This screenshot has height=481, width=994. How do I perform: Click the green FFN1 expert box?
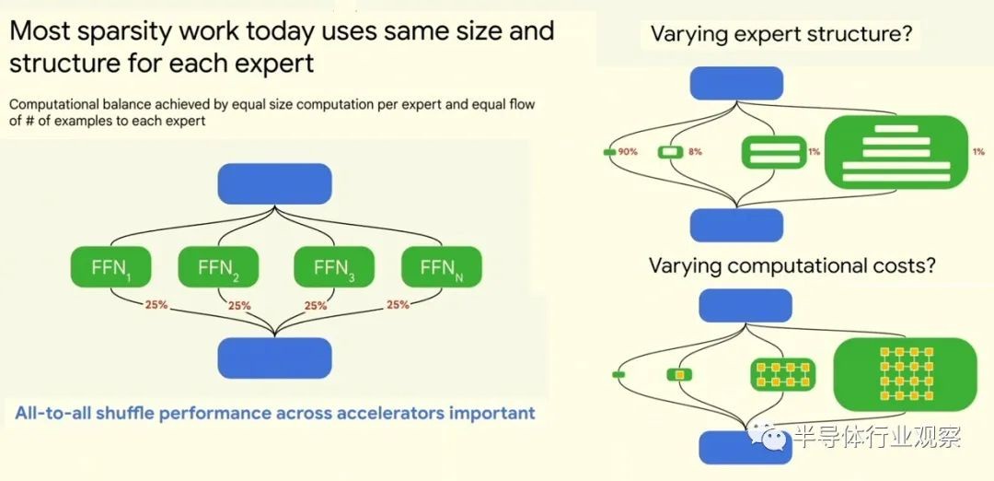point(111,267)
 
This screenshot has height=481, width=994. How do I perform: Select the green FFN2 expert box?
point(218,267)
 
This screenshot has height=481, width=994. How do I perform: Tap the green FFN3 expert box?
point(333,267)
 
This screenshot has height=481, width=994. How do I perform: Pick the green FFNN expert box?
point(442,267)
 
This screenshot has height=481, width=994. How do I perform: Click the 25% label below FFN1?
point(156,305)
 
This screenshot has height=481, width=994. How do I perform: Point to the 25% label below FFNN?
point(398,305)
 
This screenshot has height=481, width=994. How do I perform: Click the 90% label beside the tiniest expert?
point(628,152)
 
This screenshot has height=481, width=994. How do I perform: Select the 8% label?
point(695,152)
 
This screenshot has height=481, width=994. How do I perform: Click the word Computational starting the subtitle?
point(54,105)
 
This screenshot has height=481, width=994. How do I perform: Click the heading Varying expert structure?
point(780,33)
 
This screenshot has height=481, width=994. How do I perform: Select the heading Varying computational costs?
point(792,265)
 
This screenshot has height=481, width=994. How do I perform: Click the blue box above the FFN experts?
point(274,184)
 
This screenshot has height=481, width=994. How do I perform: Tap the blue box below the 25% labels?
point(274,358)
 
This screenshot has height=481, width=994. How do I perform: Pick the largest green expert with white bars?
point(896,152)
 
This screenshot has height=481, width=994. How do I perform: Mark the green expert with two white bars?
point(774,152)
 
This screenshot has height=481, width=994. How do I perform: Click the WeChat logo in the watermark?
point(769,436)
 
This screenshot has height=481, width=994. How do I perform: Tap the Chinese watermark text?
point(879,437)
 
